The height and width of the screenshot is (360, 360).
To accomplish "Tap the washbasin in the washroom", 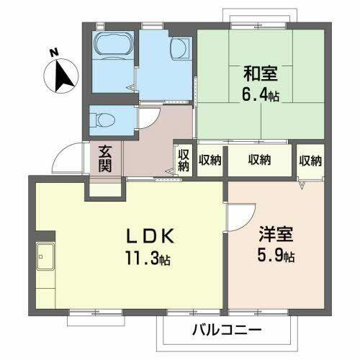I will point(179,50).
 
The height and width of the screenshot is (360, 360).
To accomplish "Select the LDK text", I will point(150,237).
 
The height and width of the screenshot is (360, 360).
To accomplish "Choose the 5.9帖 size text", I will point(276,256).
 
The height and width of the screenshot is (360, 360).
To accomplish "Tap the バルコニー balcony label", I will point(227,330).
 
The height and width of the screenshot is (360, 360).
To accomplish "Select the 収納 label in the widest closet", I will point(259,159).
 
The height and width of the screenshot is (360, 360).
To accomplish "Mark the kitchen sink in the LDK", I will point(46,254).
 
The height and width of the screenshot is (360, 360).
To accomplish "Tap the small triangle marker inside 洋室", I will point(302,186).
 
